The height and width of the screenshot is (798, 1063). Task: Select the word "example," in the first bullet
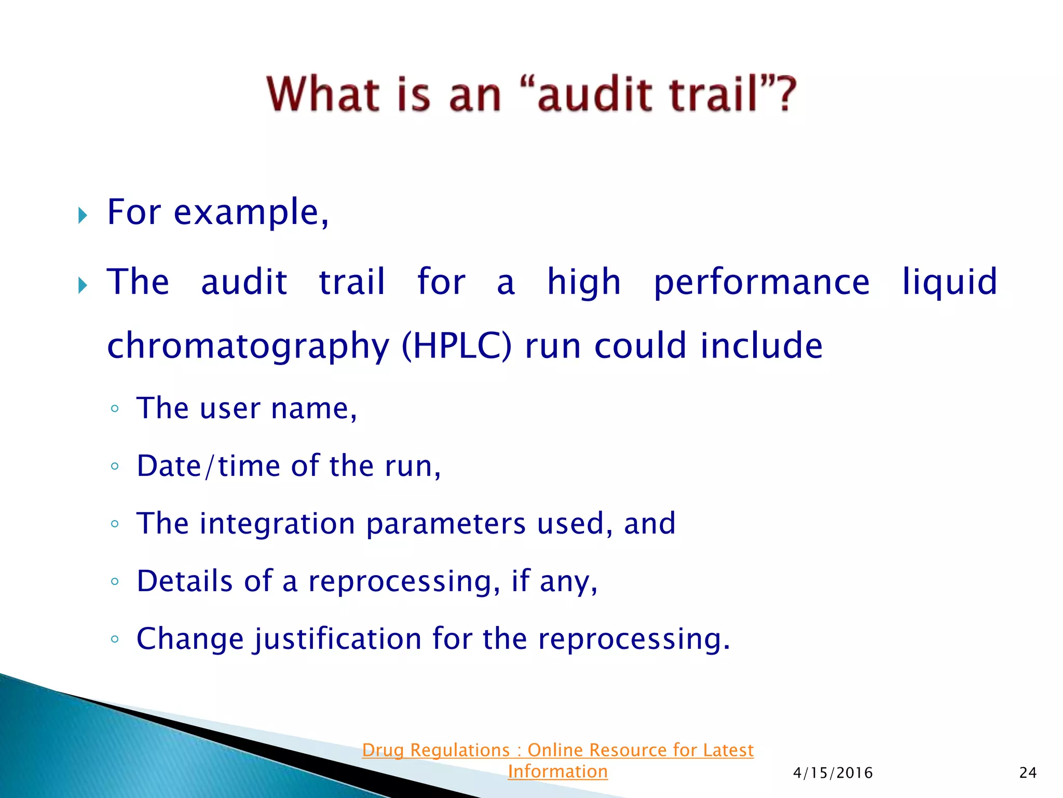251,212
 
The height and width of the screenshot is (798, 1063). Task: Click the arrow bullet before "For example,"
83,215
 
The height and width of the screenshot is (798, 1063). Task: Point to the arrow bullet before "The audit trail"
83,285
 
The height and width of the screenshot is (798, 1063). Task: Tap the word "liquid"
949,283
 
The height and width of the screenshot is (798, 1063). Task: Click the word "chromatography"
248,347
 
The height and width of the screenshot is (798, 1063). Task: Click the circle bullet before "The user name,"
115,409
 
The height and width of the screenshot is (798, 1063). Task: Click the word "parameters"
446,524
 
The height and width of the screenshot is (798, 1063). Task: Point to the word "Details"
184,581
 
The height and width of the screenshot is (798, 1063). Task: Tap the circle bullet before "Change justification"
115,639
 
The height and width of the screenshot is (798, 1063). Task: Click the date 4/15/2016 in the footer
833,773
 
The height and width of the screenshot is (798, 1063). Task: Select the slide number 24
1028,773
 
